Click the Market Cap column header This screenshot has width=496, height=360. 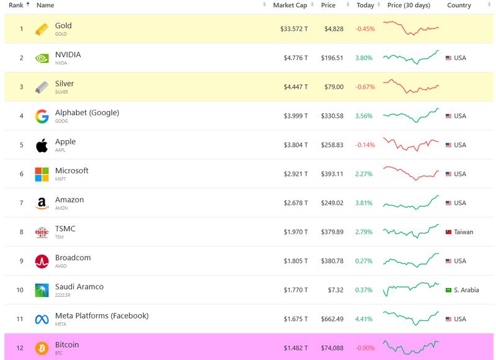coord(290,6)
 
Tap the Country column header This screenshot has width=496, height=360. coord(459,6)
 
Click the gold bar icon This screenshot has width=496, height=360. coord(42,29)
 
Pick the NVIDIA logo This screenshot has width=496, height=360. coord(42,58)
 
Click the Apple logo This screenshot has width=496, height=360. coord(42,146)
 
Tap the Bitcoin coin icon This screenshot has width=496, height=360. coord(42,348)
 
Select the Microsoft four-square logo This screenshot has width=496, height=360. coord(42,174)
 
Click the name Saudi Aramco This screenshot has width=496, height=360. coord(79,287)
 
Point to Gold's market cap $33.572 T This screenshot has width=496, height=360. coord(291,29)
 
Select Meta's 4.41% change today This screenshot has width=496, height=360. coord(365,319)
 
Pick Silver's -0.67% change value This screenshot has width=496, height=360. coord(365,87)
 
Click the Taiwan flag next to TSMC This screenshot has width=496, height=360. coord(449,232)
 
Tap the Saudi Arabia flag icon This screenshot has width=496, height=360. coord(449,290)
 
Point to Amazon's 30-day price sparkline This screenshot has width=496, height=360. coord(411,203)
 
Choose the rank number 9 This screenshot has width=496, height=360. coord(21,261)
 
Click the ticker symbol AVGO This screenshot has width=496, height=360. coord(61,266)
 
